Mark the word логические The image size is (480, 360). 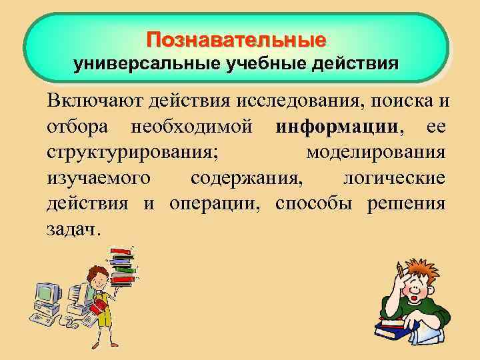(393, 178)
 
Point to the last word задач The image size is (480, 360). (73, 229)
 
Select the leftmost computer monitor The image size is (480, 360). (47, 293)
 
